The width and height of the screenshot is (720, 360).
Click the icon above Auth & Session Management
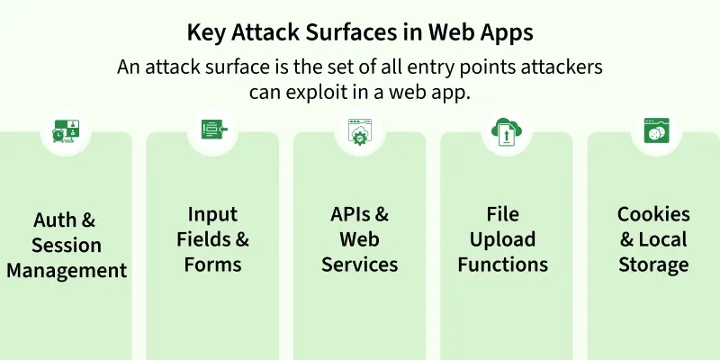(x=66, y=130)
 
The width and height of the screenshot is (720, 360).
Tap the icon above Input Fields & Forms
(x=214, y=130)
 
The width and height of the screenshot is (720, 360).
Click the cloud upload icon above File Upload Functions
(x=507, y=131)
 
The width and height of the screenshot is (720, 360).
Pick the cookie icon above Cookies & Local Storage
(x=656, y=130)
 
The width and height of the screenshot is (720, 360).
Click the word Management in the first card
(x=67, y=271)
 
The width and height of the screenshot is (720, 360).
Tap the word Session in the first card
(x=67, y=245)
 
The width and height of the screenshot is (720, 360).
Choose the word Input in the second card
(x=212, y=215)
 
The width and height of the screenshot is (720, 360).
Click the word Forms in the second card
(x=212, y=265)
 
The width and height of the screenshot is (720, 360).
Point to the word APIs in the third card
(x=351, y=214)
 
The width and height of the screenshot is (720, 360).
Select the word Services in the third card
(x=359, y=265)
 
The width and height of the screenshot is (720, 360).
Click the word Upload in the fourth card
(x=503, y=239)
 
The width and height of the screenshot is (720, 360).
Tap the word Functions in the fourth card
(x=503, y=265)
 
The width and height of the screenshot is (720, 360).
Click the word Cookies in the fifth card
(x=653, y=214)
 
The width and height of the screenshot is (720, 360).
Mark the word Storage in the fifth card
(x=653, y=265)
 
